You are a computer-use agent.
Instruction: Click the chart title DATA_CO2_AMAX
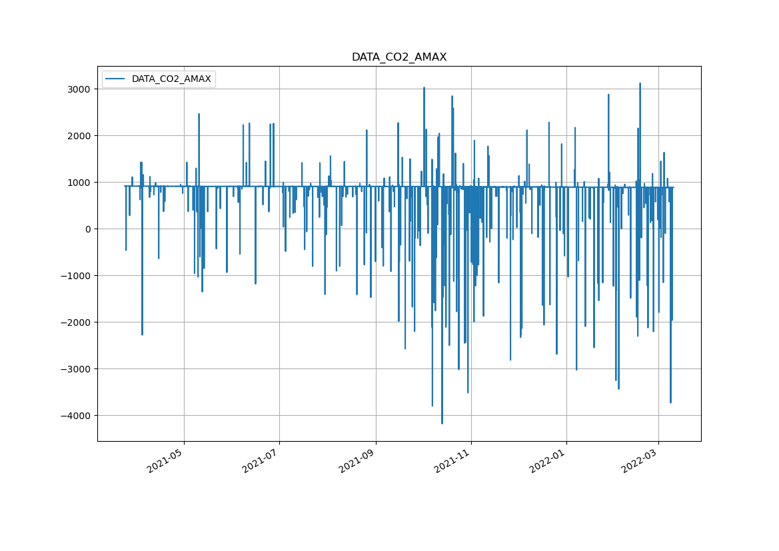click(x=399, y=57)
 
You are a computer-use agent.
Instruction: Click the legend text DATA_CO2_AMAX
click(x=171, y=79)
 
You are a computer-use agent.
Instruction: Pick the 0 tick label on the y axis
click(x=88, y=229)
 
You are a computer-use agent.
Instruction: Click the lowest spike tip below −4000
click(x=442, y=423)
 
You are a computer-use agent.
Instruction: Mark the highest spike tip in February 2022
click(x=640, y=84)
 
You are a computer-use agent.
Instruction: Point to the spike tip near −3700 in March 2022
click(x=670, y=402)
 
